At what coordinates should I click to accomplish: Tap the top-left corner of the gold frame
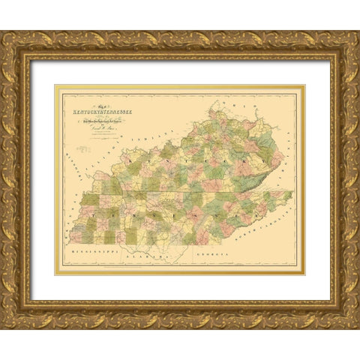[3, 32]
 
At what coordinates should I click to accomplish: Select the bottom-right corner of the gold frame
[357, 327]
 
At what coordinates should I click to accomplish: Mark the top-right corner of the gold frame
[357, 32]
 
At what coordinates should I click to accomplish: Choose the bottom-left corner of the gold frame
[3, 327]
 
